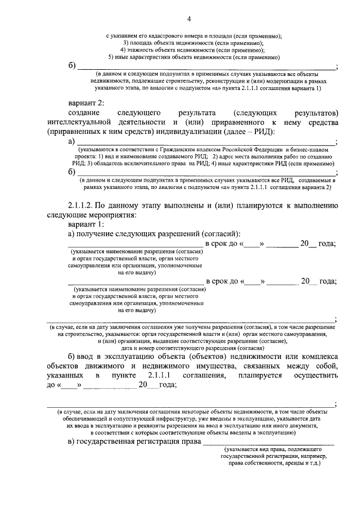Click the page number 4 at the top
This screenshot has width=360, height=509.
coord(190,20)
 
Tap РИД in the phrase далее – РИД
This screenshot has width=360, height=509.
coord(260,131)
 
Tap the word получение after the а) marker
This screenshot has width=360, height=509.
coord(98,233)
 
